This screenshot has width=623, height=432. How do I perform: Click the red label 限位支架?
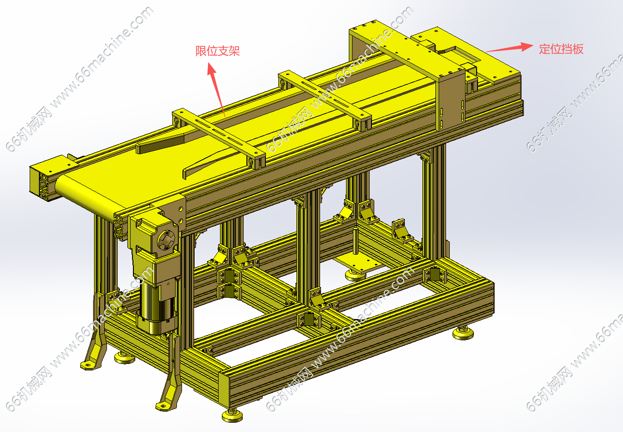point(218,51)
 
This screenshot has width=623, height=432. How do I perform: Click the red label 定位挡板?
point(561,49)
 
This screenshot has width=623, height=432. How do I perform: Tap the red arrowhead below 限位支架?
point(212,69)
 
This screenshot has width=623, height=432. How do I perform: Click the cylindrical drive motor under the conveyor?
point(157,308)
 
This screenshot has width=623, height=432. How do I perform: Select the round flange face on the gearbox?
point(166,239)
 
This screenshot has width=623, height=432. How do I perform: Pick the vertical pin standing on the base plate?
point(355,241)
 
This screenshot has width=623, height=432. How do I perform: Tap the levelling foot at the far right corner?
point(463,333)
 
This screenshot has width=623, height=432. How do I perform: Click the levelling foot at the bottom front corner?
point(232,415)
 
